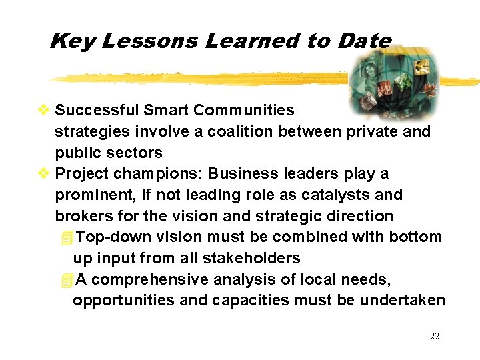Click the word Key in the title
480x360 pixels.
coord(73,41)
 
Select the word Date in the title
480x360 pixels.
coord(365,41)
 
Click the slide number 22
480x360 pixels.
coord(435,336)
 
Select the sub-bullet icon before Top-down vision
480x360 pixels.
coord(65,237)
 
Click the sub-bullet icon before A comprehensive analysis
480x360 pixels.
coord(65,280)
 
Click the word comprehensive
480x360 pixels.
coord(153,280)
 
